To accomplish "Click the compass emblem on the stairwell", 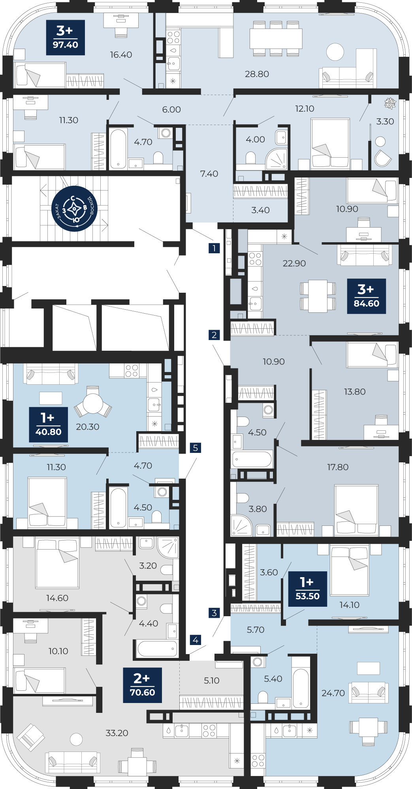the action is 74,209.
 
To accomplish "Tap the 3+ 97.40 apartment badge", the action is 66,37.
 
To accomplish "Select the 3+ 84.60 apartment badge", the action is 367,296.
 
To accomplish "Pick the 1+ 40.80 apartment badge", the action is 49,424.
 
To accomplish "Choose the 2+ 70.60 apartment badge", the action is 143,685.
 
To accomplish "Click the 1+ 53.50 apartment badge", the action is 308,589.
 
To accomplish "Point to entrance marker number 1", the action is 214,248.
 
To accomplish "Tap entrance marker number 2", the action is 214,335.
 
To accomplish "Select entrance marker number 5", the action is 196,448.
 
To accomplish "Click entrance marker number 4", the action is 196,640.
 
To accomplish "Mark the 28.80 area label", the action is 257,74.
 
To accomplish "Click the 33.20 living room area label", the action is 117,733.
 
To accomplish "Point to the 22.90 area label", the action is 294,264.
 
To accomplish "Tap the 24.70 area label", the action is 333,693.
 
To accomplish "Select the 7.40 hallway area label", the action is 209,174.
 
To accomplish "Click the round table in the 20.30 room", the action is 93,403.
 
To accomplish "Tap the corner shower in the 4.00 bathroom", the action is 277,159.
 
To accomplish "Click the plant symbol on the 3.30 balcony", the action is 390,103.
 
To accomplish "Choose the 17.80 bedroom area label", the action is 338,467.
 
